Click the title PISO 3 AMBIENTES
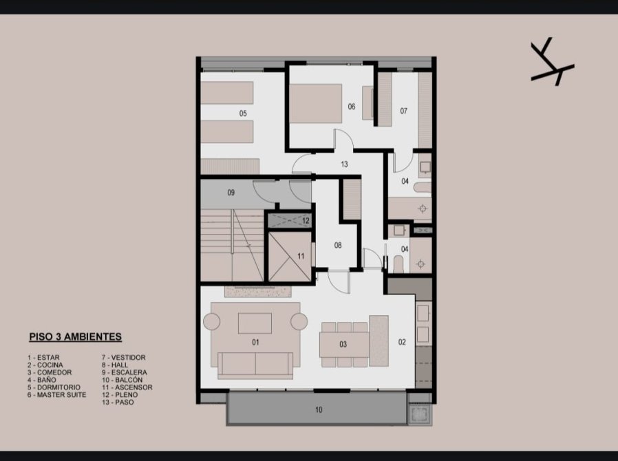click(75, 337)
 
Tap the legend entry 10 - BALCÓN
click(122, 380)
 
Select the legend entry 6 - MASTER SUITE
click(56, 394)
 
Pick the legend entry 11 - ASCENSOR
click(127, 387)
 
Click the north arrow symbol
click(552, 62)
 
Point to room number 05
click(243, 114)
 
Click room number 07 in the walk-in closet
click(403, 111)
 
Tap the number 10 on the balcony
click(319, 410)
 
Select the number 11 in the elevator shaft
click(301, 256)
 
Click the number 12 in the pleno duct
click(306, 221)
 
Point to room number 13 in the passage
click(344, 164)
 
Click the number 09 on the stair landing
click(231, 193)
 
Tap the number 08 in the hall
click(338, 246)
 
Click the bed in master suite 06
click(316, 103)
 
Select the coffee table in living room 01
click(255, 323)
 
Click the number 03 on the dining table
click(343, 344)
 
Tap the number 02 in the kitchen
click(402, 342)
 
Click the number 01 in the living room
click(255, 343)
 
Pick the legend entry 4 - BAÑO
click(42, 380)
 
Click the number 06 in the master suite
click(351, 107)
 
